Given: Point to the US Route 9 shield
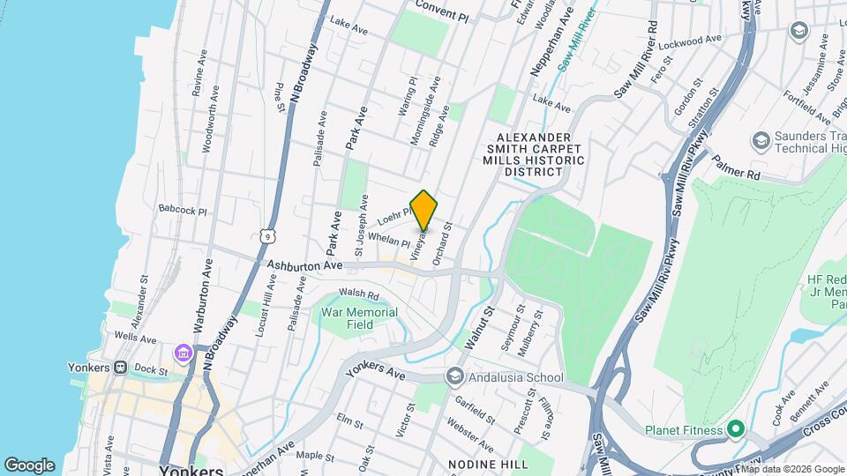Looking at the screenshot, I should click(266, 235).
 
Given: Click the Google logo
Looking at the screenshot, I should click(29, 465).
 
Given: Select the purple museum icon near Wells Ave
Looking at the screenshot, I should click(184, 353).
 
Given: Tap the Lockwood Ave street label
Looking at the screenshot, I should click(686, 41).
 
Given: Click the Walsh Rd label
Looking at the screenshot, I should click(358, 295).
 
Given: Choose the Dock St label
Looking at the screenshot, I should click(152, 371).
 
